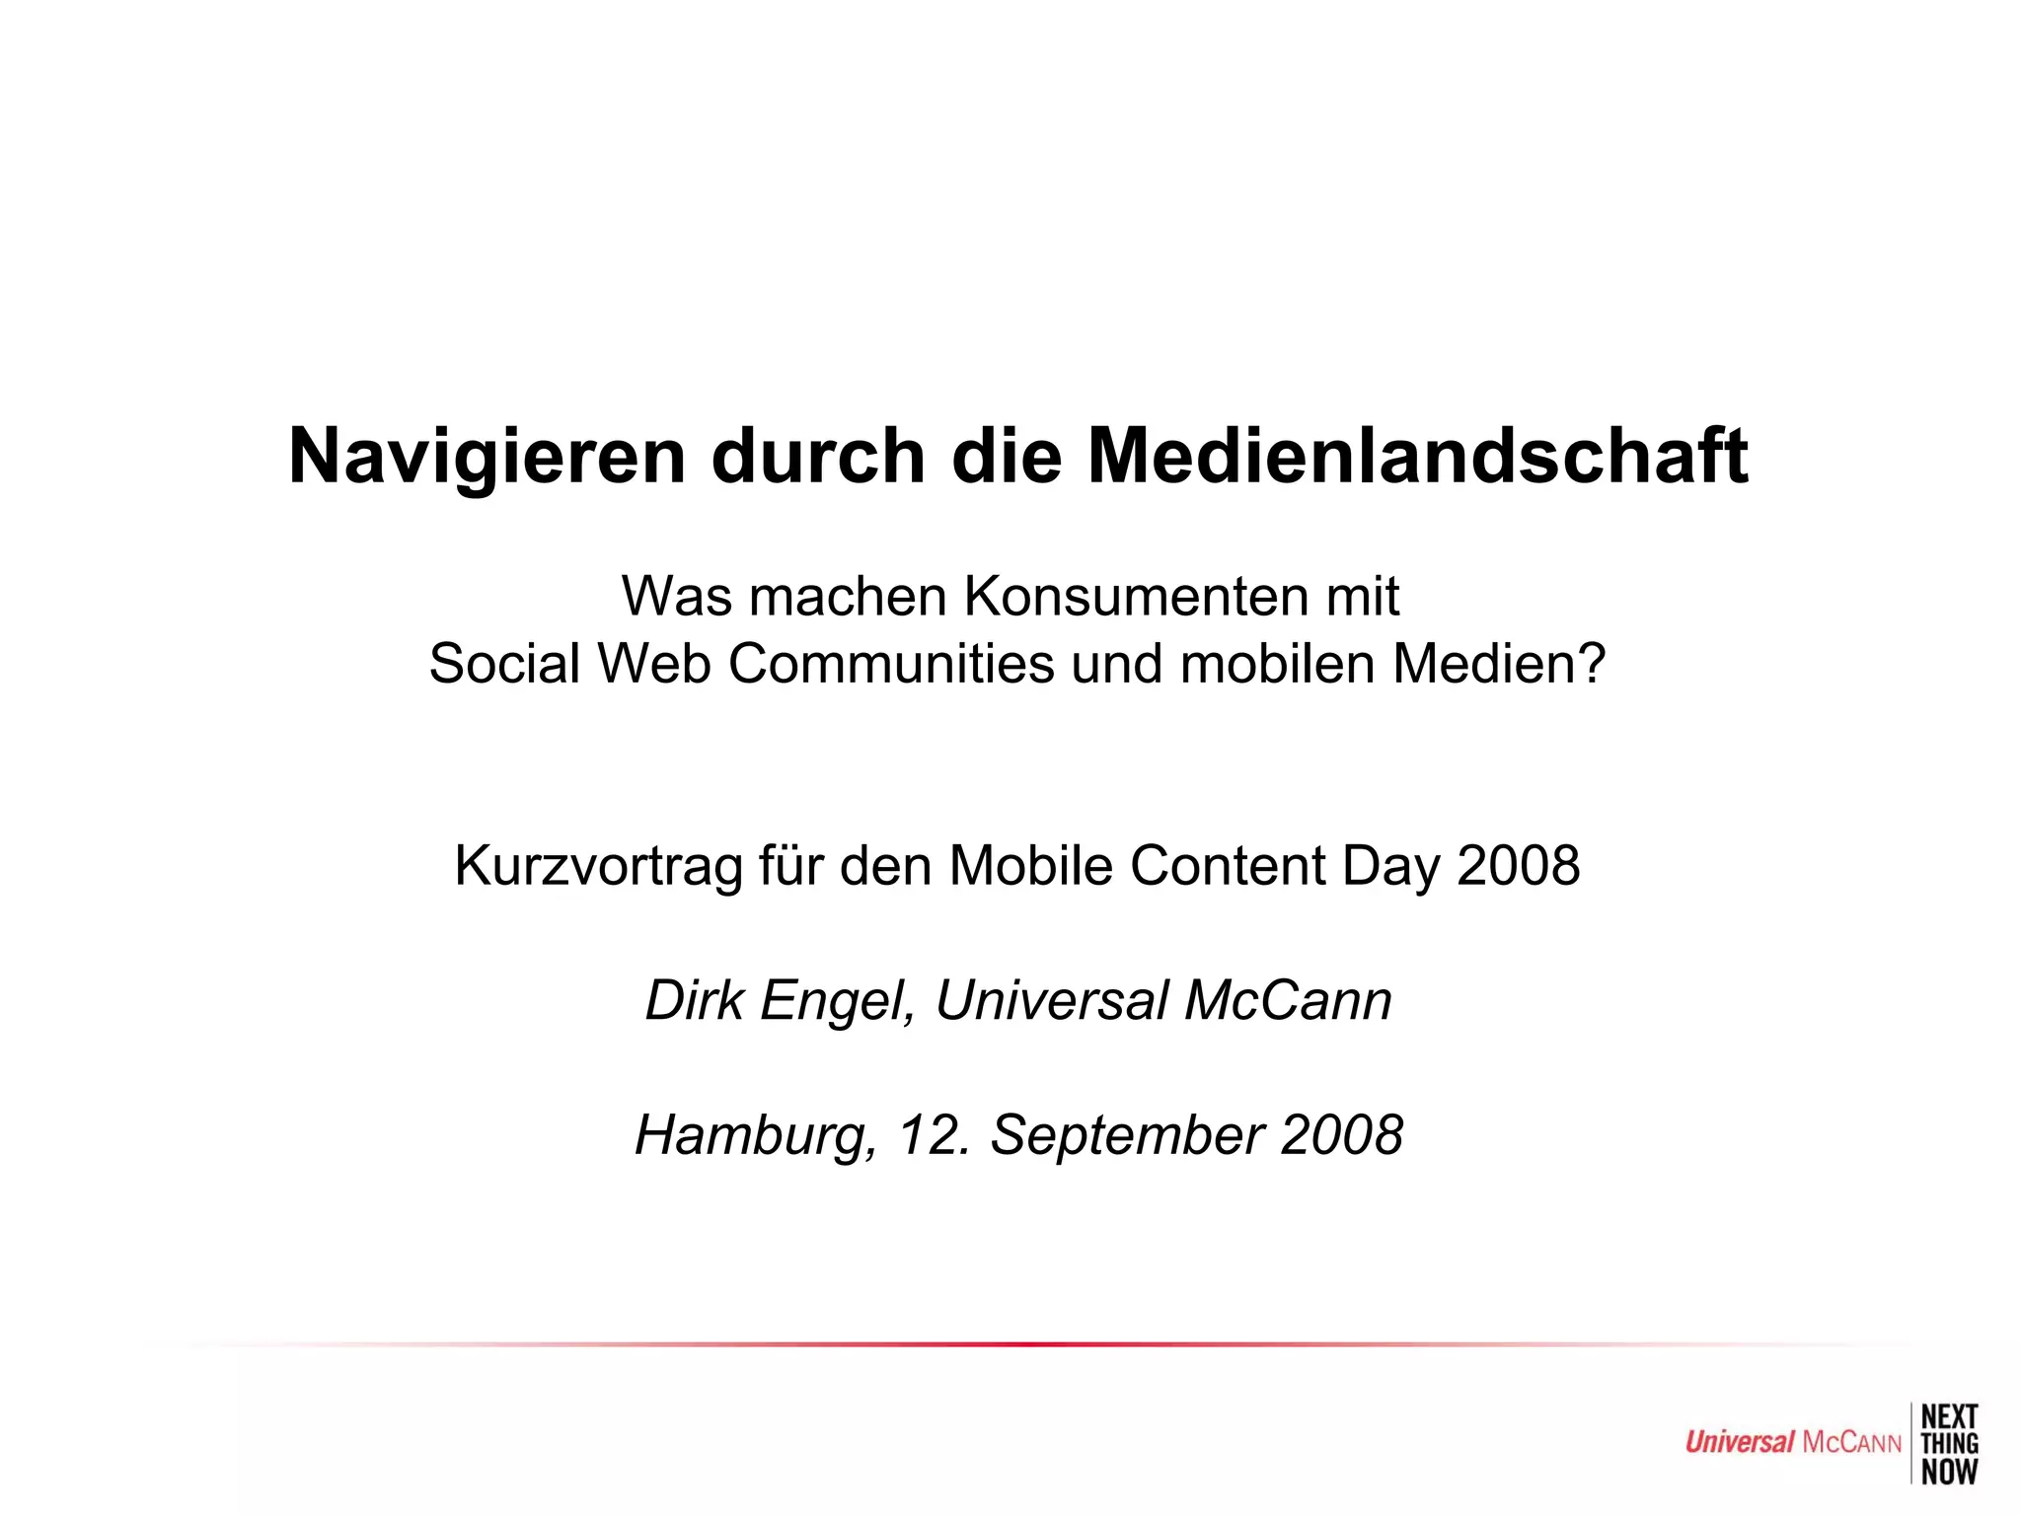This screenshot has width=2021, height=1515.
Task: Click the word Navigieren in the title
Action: [x=487, y=457]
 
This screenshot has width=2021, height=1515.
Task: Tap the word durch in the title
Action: [x=818, y=457]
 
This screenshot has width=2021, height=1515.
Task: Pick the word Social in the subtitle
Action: [x=504, y=664]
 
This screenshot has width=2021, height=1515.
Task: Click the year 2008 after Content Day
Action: [x=1518, y=866]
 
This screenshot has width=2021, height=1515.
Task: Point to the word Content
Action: [x=1227, y=866]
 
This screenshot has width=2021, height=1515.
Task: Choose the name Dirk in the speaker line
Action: [x=694, y=1000]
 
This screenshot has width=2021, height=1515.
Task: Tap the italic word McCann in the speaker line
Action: [x=1288, y=1000]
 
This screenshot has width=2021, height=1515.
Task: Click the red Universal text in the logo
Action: [x=1739, y=1443]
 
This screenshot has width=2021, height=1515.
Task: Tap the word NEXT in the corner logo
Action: [x=1949, y=1417]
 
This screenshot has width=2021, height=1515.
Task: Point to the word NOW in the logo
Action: [x=1949, y=1472]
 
